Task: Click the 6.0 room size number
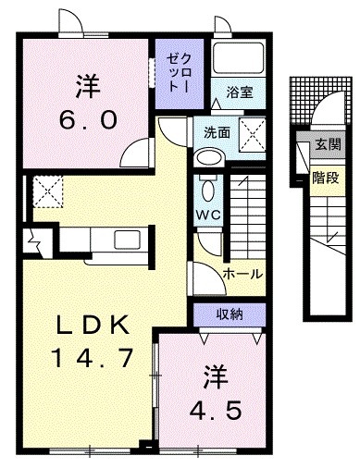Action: coord(88,120)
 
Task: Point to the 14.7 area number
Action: coord(93,358)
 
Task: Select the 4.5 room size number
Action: coord(216,411)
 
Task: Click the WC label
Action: coord(209,215)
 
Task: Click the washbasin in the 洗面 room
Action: coord(209,158)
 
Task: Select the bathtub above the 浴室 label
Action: coord(239,57)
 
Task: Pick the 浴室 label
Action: coord(240,92)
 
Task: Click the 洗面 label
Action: coord(217,132)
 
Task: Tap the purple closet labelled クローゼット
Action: coord(180,74)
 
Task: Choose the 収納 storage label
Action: coord(230,314)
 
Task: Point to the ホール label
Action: coord(242,273)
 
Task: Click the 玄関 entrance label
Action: coord(329,144)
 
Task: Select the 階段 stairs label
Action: coord(326,178)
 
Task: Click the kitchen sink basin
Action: coord(128,240)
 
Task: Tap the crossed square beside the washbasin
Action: coord(253,134)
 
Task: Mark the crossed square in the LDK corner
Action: coord(48,191)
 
